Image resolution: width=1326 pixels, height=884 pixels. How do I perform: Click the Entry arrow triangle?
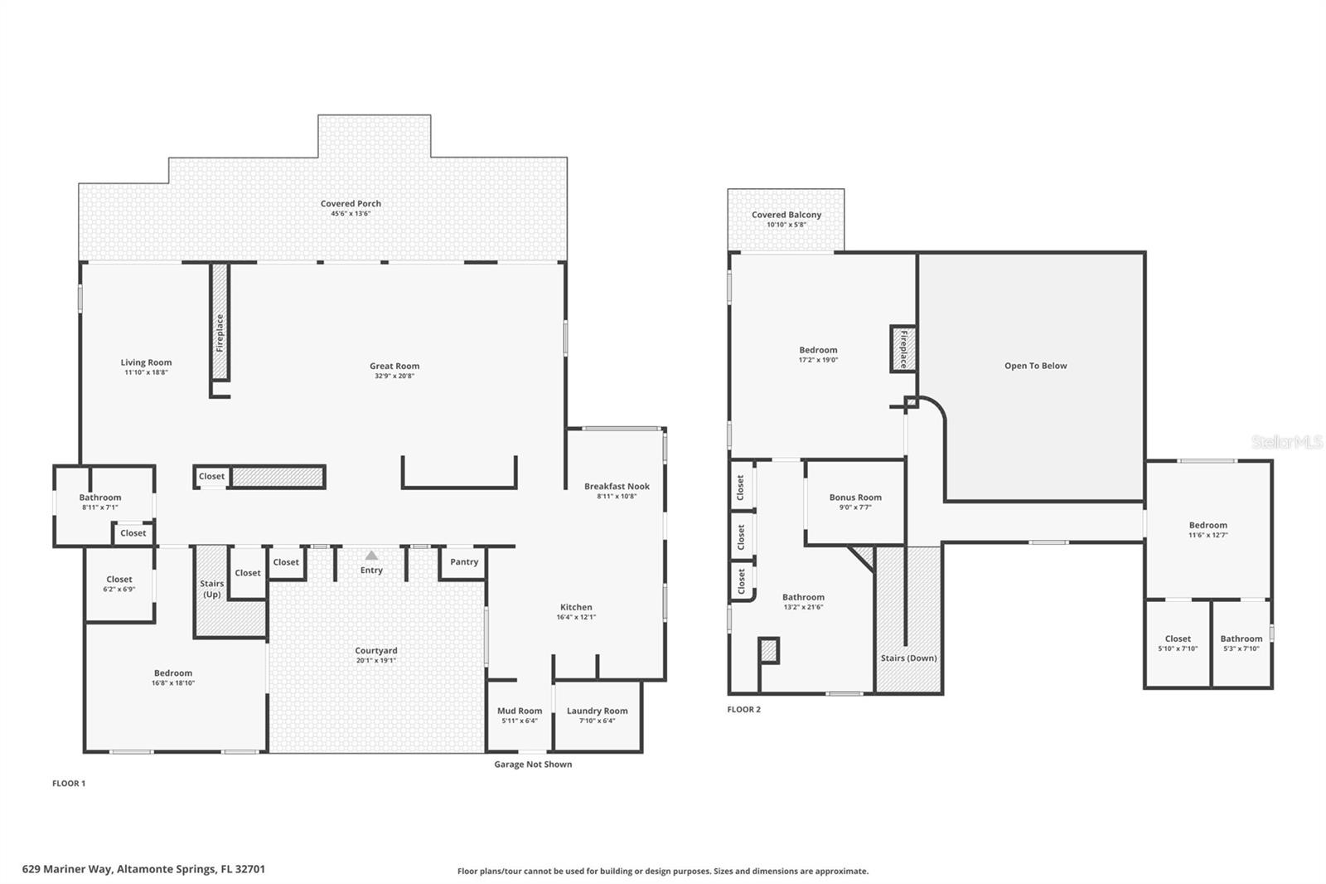click(371, 556)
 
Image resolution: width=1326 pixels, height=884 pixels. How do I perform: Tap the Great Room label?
click(394, 366)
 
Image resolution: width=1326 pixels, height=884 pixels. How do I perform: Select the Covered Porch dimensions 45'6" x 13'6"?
click(351, 214)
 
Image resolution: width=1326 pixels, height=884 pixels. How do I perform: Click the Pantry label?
click(464, 561)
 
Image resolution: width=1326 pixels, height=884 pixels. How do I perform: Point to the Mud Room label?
click(520, 711)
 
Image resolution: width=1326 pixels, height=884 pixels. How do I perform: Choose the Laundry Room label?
click(597, 711)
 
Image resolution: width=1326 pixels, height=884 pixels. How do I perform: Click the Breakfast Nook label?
click(617, 487)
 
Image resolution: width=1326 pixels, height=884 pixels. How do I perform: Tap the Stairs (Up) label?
click(212, 589)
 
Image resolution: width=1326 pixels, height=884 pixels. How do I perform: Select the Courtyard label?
click(376, 651)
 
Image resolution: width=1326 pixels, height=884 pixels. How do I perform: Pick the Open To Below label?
click(1035, 366)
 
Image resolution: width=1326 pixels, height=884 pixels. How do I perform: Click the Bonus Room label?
click(855, 498)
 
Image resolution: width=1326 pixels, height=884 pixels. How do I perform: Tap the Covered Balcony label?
click(786, 215)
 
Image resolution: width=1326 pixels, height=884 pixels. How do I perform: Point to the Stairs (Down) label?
click(908, 658)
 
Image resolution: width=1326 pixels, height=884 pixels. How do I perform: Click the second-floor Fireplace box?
click(903, 348)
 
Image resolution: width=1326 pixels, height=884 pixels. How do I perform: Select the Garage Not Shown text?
click(533, 765)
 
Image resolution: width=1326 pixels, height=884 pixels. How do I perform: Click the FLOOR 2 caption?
click(743, 709)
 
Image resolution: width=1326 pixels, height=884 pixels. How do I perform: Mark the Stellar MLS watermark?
click(1286, 443)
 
